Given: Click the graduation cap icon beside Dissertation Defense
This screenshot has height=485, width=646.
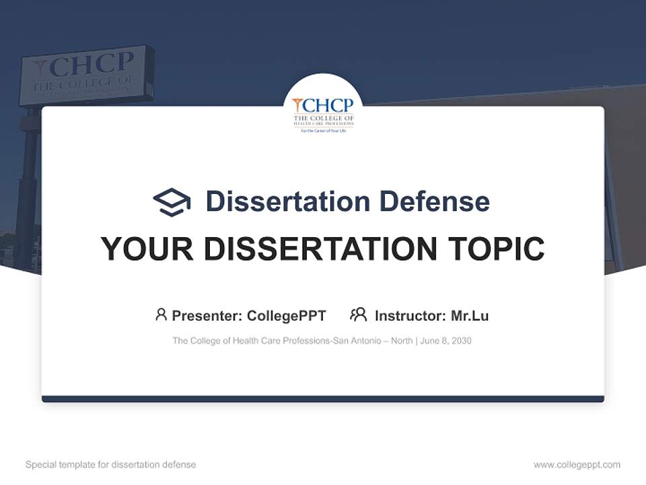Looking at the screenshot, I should [172, 202].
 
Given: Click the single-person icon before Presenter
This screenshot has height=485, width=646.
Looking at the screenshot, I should [161, 315].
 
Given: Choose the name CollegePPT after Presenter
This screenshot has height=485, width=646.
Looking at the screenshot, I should [287, 316].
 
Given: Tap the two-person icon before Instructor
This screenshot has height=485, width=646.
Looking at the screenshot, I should [358, 315].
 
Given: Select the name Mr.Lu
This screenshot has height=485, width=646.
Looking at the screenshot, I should [470, 316].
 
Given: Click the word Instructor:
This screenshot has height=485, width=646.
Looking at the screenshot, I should [410, 316].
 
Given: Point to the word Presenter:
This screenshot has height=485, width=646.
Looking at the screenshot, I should [207, 316].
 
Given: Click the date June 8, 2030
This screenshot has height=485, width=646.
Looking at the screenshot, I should [446, 341].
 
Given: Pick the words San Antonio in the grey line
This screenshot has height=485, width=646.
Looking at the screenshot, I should [360, 341].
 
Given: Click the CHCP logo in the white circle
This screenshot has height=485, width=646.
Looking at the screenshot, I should [323, 112].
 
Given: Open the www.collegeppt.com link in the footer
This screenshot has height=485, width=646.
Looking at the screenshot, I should [577, 465].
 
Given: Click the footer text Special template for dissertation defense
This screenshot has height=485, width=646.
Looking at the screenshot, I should [111, 465].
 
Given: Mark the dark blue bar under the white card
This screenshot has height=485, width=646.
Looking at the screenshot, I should [323, 399].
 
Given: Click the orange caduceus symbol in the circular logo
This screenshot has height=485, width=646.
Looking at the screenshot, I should [297, 104].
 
